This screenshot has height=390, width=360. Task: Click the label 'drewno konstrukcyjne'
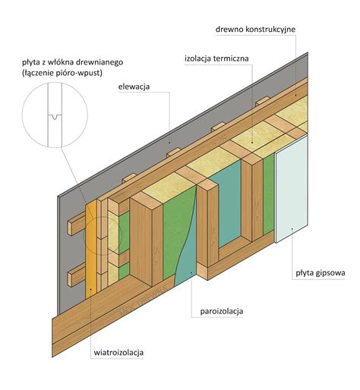coord(255,29)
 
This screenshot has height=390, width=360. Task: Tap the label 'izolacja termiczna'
coord(216,58)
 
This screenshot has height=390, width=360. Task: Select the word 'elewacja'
coord(134,86)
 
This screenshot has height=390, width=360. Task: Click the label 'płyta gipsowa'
coord(321,273)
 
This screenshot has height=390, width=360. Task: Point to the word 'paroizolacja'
coord(222,311)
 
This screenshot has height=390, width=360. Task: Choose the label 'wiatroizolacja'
coord(118,353)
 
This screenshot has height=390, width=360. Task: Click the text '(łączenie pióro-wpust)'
coord(62,74)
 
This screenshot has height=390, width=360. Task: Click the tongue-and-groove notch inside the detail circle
coord(55,117)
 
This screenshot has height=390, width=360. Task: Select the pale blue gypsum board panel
coord(292,190)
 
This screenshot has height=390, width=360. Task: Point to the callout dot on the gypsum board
coord(292,228)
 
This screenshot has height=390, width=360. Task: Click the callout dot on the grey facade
coord(169,143)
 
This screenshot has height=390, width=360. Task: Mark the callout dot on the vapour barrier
coord(191,272)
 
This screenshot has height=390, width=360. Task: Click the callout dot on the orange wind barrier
coord(90,288)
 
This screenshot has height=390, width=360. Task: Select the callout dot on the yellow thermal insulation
coord(252,143)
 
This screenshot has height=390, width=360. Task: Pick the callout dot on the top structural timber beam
coord(295,95)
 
